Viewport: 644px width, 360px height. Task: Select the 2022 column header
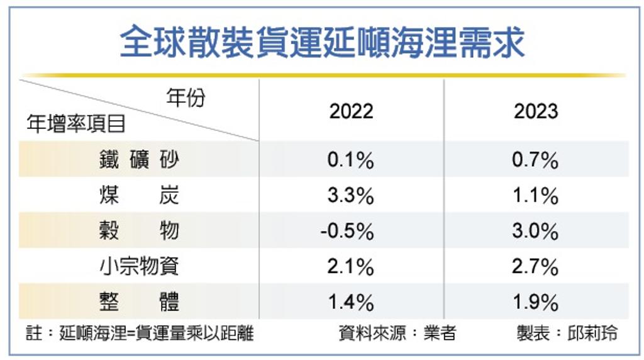click(351, 111)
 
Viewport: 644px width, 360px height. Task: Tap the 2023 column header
click(536, 111)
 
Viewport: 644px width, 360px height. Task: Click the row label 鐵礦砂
click(139, 159)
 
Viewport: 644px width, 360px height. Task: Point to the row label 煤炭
click(139, 195)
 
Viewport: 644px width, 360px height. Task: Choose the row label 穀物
click(139, 230)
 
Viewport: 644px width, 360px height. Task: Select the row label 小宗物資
click(139, 266)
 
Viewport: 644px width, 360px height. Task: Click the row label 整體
click(139, 301)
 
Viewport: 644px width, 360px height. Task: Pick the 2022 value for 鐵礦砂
click(351, 160)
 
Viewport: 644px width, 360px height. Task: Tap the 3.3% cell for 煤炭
click(351, 195)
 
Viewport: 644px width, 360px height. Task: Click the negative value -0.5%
click(347, 231)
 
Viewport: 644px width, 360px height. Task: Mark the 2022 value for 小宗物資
click(351, 267)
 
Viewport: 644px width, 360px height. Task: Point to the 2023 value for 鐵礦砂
click(535, 160)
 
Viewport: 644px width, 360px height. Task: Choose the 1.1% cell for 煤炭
click(535, 195)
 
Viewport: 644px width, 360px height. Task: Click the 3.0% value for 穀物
click(535, 231)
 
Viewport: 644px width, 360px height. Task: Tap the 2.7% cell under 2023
click(535, 267)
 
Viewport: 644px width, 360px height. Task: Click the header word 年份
click(186, 98)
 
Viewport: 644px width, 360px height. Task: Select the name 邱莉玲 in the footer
click(592, 334)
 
